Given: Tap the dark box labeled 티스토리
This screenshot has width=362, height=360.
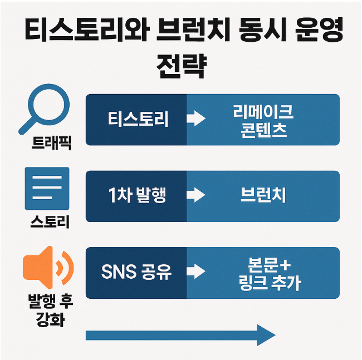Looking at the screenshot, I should pyautogui.click(x=136, y=120).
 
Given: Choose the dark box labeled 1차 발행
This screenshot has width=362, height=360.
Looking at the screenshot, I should pyautogui.click(x=136, y=196).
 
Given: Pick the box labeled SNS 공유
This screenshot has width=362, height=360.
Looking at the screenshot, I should pyautogui.click(x=136, y=273).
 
